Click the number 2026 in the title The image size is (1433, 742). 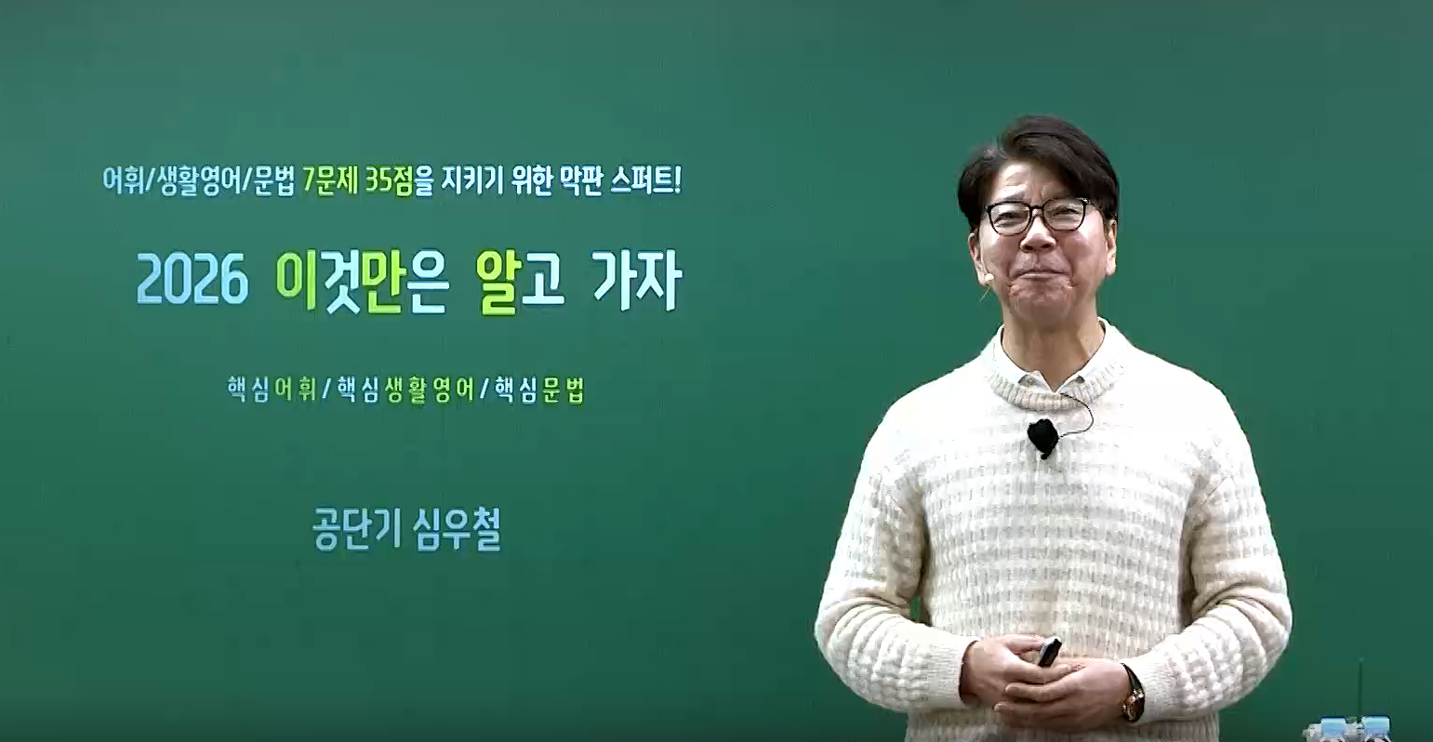click(192, 281)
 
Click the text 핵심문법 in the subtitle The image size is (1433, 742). click(539, 388)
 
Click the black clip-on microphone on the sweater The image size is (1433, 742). click(1042, 436)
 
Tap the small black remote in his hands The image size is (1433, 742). click(1049, 651)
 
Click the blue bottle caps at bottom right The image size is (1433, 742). click(1354, 724)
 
